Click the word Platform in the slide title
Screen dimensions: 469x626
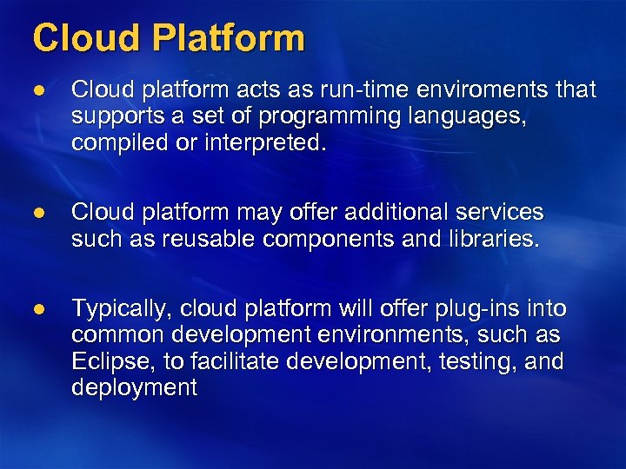click(x=230, y=38)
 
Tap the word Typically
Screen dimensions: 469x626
click(x=120, y=309)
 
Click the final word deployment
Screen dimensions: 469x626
click(x=135, y=387)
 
